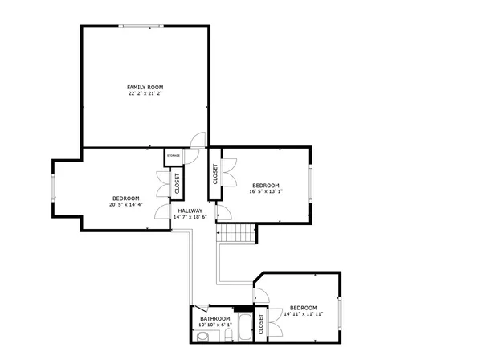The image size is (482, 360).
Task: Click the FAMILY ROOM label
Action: (145, 86)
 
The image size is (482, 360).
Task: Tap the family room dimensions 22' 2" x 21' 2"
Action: (145, 93)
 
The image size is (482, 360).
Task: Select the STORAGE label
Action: (173, 155)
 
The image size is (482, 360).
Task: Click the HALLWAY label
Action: (190, 211)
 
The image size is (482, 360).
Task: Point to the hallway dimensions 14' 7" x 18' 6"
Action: (190, 217)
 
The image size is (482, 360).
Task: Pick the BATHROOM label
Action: (214, 319)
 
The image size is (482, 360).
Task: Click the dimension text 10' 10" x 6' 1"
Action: (214, 325)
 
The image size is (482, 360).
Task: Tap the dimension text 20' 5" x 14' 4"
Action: (125, 205)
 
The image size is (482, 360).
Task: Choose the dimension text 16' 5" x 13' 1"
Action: (266, 191)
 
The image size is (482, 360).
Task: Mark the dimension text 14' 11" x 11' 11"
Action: (303, 314)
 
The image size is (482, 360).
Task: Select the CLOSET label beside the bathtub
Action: (262, 323)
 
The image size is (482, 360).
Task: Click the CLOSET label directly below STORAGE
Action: (176, 184)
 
